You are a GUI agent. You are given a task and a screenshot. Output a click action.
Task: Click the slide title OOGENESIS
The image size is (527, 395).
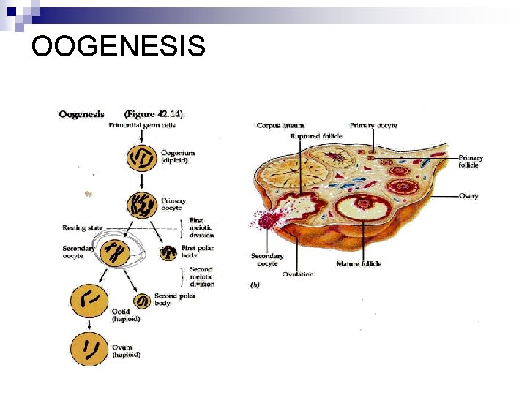click(119, 48)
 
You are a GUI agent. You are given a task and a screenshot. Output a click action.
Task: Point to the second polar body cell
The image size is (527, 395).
click(142, 301)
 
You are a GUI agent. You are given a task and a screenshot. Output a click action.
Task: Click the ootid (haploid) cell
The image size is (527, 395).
click(89, 299)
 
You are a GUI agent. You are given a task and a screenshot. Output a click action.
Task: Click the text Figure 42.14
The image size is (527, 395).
click(154, 114)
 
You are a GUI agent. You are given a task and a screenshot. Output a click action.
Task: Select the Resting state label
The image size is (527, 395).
click(83, 228)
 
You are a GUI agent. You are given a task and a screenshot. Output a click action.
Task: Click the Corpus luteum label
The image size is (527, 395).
click(280, 126)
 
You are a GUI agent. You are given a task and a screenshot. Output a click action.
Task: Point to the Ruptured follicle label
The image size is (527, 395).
click(315, 136)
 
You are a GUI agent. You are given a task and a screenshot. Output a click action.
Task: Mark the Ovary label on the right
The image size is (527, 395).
click(468, 196)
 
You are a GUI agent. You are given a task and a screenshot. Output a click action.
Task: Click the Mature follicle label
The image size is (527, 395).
click(359, 264)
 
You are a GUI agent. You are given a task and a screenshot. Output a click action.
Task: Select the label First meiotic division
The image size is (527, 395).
click(201, 227)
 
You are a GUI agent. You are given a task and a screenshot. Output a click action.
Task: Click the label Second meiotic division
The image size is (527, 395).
click(202, 276)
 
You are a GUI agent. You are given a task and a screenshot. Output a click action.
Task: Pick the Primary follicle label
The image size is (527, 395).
click(469, 162)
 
